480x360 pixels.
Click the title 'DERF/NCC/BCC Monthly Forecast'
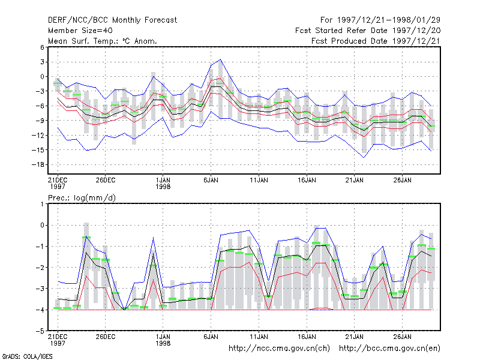tap(112, 20)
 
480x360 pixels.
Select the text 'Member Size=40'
tap(80, 31)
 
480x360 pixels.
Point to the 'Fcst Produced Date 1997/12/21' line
tap(376, 41)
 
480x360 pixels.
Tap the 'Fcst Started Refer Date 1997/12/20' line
tap(368, 31)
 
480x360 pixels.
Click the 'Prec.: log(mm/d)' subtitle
tap(82, 198)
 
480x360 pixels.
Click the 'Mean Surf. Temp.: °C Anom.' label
tap(103, 41)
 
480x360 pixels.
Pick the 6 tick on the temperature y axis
tap(42, 47)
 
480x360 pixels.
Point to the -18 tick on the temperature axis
tap(38, 164)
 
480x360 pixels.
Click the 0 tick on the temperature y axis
tap(42, 77)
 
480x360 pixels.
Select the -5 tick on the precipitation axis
tap(40, 331)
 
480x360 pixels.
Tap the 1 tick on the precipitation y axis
tap(42, 204)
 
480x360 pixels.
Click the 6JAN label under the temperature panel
tap(211, 180)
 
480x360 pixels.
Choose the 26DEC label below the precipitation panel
tap(106, 337)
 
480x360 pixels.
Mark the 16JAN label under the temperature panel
tap(307, 180)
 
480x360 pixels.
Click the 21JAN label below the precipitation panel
tap(355, 337)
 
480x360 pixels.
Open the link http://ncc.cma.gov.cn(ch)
tap(279, 349)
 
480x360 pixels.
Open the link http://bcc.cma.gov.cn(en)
tap(389, 349)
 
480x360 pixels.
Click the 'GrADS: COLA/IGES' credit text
tap(27, 356)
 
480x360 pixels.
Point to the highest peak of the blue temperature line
tap(220, 59)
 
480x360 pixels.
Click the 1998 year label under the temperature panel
tap(163, 187)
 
